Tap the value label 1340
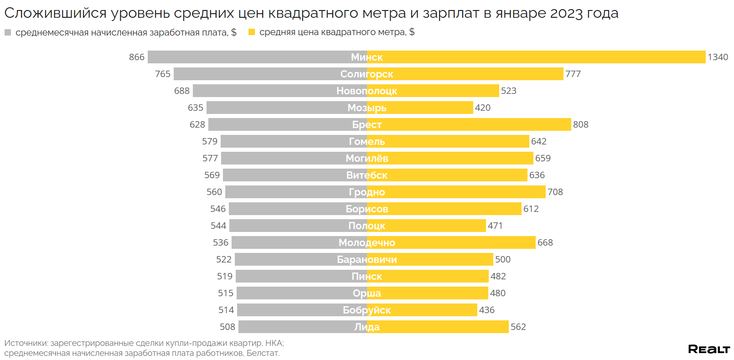pyautogui.click(x=718, y=57)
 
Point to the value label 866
pyautogui.click(x=137, y=57)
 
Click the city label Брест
pyautogui.click(x=367, y=124)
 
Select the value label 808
pyautogui.click(x=580, y=124)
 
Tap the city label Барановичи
pyautogui.click(x=367, y=259)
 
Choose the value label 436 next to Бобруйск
pyautogui.click(x=486, y=310)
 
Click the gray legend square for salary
pyautogui.click(x=8, y=32)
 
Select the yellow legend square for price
pyautogui.click(x=251, y=32)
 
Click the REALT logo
pyautogui.click(x=708, y=349)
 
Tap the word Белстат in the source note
pyautogui.click(x=263, y=353)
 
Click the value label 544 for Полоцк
pyautogui.click(x=218, y=226)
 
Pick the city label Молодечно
pyautogui.click(x=367, y=242)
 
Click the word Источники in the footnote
pyautogui.click(x=26, y=343)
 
